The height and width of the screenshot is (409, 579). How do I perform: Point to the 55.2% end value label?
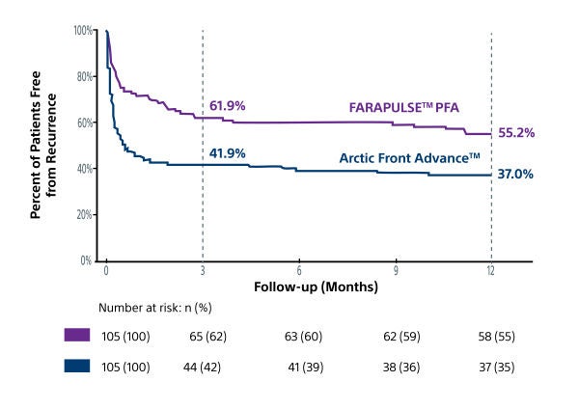coord(516,133)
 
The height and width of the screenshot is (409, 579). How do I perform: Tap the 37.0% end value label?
coord(516,175)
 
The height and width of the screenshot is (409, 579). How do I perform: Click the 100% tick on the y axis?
coord(83,31)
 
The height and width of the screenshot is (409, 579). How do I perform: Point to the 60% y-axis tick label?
coord(85,123)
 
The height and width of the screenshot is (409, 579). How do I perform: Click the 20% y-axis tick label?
coord(85,214)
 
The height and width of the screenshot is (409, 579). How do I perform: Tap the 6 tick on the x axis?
coord(299,272)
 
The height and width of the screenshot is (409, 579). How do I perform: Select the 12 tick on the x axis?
coord(491,272)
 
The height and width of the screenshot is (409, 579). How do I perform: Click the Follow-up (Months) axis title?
coord(315,287)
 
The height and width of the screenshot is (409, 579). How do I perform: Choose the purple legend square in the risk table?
coord(77,335)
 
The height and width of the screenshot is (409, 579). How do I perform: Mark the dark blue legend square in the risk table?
coord(77,367)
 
